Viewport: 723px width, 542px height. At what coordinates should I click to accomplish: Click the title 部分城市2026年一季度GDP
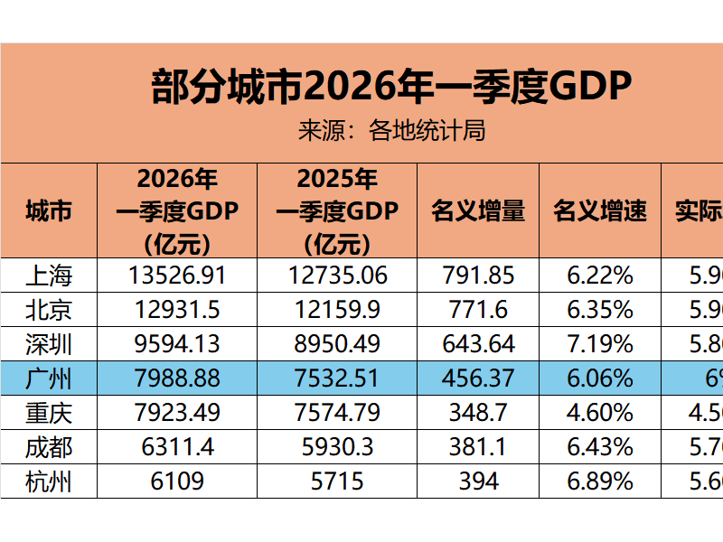click(390, 87)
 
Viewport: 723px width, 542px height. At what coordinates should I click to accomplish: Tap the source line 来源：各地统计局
click(391, 131)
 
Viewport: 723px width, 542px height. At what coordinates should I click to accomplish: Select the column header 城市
click(48, 210)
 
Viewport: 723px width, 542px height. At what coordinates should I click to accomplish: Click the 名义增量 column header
click(478, 210)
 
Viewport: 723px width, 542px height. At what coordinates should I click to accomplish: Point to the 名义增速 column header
click(600, 210)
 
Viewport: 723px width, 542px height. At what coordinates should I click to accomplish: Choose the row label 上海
click(48, 276)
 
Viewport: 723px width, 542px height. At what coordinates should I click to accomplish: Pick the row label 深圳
click(48, 344)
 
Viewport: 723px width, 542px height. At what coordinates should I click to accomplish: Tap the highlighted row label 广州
click(48, 378)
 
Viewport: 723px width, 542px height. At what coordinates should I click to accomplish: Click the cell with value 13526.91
click(177, 276)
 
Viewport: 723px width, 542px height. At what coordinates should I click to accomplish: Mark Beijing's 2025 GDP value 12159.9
click(337, 310)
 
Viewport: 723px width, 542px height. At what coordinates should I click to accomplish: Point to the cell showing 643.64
click(478, 344)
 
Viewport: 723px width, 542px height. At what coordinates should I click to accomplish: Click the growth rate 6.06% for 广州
click(600, 378)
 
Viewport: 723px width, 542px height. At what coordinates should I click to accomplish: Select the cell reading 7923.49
click(177, 413)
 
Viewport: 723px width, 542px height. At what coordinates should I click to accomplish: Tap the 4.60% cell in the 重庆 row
click(600, 413)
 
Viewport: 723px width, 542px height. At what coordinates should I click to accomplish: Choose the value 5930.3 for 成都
click(337, 447)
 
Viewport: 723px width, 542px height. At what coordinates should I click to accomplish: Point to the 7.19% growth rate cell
click(600, 344)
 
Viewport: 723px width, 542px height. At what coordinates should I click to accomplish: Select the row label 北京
click(48, 310)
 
